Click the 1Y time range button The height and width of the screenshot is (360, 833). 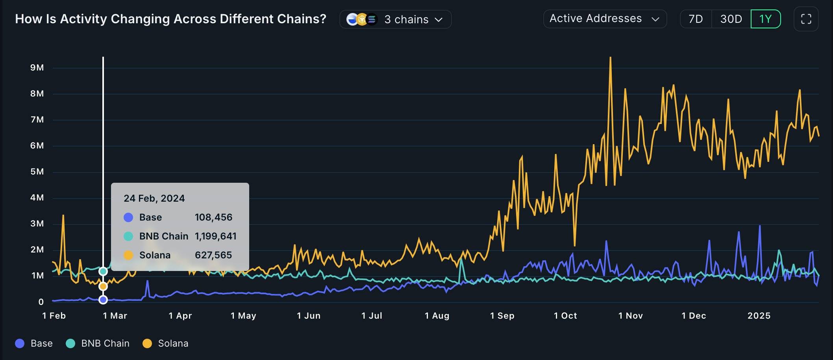765,19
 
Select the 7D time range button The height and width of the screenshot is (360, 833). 696,19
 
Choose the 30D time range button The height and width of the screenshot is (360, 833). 731,19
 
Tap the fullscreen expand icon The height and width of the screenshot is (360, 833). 806,19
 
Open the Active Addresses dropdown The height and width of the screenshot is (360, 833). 604,19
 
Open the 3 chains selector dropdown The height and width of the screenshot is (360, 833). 395,19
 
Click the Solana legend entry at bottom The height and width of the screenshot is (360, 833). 165,343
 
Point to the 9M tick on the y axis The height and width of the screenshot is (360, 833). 37,68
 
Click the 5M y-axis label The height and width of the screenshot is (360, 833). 37,172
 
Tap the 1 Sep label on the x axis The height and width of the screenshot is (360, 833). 502,315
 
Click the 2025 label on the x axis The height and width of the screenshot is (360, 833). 759,315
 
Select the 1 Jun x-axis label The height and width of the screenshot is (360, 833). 308,315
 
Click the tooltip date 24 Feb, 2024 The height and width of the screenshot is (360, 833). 154,198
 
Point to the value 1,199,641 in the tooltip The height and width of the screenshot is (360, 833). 215,236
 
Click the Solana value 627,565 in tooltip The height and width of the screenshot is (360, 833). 213,255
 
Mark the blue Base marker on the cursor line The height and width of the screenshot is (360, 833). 103,300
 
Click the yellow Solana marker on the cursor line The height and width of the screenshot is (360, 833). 103,286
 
